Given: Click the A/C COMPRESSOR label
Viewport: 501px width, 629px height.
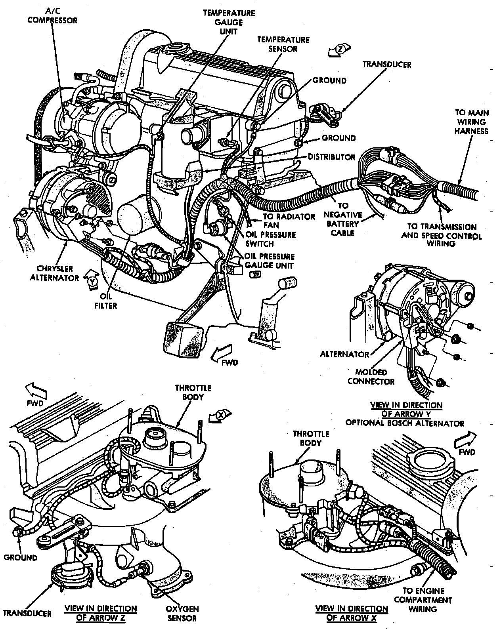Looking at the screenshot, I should click(x=52, y=16).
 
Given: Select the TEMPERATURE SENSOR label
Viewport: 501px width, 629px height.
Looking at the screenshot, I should click(x=283, y=44).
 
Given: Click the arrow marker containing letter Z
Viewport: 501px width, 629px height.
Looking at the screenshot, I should click(x=340, y=50).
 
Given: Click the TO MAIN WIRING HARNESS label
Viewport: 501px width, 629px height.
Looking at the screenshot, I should click(x=472, y=122).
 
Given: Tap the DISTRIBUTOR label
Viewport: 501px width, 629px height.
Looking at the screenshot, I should click(x=331, y=157).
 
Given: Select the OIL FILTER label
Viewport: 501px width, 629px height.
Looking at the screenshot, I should click(x=105, y=301).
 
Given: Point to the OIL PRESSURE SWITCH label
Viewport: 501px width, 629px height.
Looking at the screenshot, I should click(x=271, y=239).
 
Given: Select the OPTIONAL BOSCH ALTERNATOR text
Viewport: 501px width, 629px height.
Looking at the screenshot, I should click(x=405, y=423).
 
